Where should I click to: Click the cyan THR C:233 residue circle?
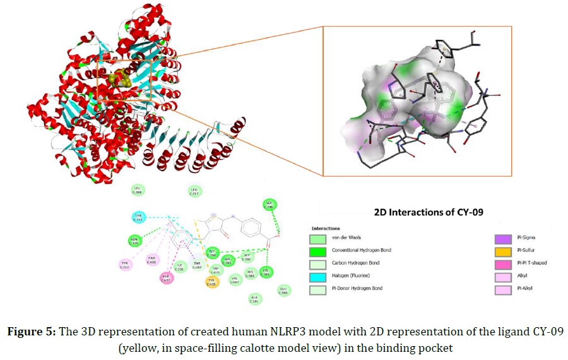coord(138,218)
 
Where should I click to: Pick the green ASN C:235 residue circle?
coord(134,241)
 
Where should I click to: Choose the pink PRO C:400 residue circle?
coord(151,260)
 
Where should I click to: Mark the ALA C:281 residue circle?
coord(254,299)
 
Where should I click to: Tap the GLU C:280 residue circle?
coord(284,291)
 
